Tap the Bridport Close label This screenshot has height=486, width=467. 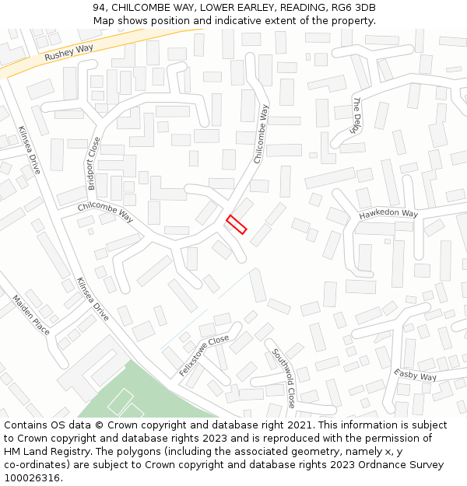coord(93,163)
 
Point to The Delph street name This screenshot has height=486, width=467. coord(357,115)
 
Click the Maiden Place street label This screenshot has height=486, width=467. coord(31,315)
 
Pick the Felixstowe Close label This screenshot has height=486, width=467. coord(204,356)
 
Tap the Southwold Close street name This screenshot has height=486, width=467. coord(283,378)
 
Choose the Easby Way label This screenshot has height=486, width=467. coord(415,376)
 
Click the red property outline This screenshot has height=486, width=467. coord(237,225)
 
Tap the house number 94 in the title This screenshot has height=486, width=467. coord(99,8)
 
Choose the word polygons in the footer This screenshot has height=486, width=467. coord(120,452)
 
